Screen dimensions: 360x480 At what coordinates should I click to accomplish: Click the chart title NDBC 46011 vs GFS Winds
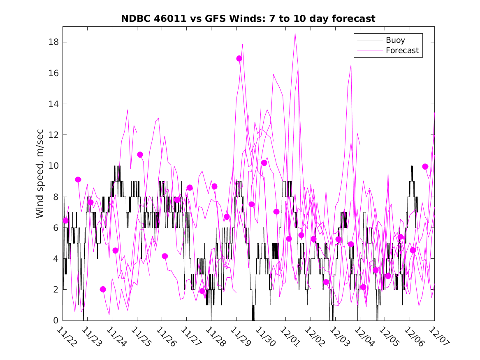(248, 19)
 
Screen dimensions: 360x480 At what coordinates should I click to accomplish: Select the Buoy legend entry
(395, 40)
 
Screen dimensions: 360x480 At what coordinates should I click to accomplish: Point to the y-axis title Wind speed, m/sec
(39, 173)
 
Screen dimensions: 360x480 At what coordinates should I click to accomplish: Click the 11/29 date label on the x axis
(239, 337)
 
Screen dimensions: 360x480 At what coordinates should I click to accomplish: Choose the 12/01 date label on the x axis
(289, 337)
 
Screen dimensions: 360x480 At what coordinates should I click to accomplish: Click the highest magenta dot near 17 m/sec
(239, 58)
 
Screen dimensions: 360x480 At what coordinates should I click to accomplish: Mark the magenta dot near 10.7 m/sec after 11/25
(140, 155)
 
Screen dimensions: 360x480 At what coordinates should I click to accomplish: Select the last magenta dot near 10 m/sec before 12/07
(425, 167)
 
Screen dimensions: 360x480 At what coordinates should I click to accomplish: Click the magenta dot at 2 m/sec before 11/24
(103, 289)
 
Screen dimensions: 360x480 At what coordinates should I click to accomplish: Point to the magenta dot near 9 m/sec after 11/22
(78, 179)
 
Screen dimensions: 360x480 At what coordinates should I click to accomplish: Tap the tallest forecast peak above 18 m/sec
(295, 33)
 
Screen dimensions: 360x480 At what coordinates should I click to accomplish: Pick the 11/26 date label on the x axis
(165, 337)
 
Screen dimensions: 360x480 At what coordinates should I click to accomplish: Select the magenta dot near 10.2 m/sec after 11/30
(264, 163)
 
